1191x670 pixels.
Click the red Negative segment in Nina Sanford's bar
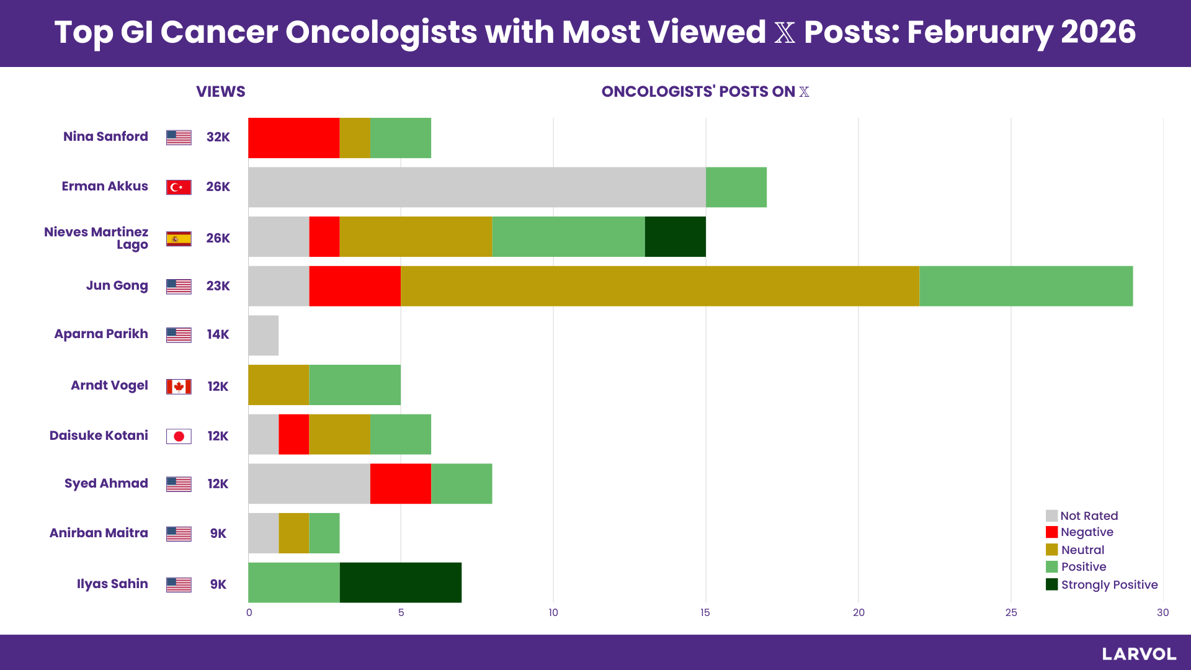click(293, 138)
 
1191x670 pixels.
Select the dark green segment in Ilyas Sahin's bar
click(400, 583)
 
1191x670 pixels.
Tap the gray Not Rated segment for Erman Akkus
click(476, 187)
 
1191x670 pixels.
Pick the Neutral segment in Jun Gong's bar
click(659, 286)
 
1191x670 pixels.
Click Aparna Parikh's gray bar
click(263, 336)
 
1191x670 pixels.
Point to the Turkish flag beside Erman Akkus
click(179, 187)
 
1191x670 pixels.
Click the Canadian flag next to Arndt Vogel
click(179, 387)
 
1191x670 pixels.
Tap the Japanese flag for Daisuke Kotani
click(179, 436)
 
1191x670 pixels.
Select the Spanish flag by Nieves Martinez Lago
click(179, 239)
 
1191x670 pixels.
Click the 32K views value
click(218, 137)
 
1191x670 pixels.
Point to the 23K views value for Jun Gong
click(218, 286)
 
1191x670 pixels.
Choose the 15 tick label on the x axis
click(705, 613)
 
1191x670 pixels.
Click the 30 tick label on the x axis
click(1162, 613)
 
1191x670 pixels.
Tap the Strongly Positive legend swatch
click(1051, 584)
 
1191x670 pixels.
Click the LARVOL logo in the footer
click(1139, 654)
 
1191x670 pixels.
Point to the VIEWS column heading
click(221, 92)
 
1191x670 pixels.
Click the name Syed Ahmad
click(106, 483)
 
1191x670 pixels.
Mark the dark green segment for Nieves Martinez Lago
click(675, 236)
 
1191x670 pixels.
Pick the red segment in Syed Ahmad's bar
click(400, 484)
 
